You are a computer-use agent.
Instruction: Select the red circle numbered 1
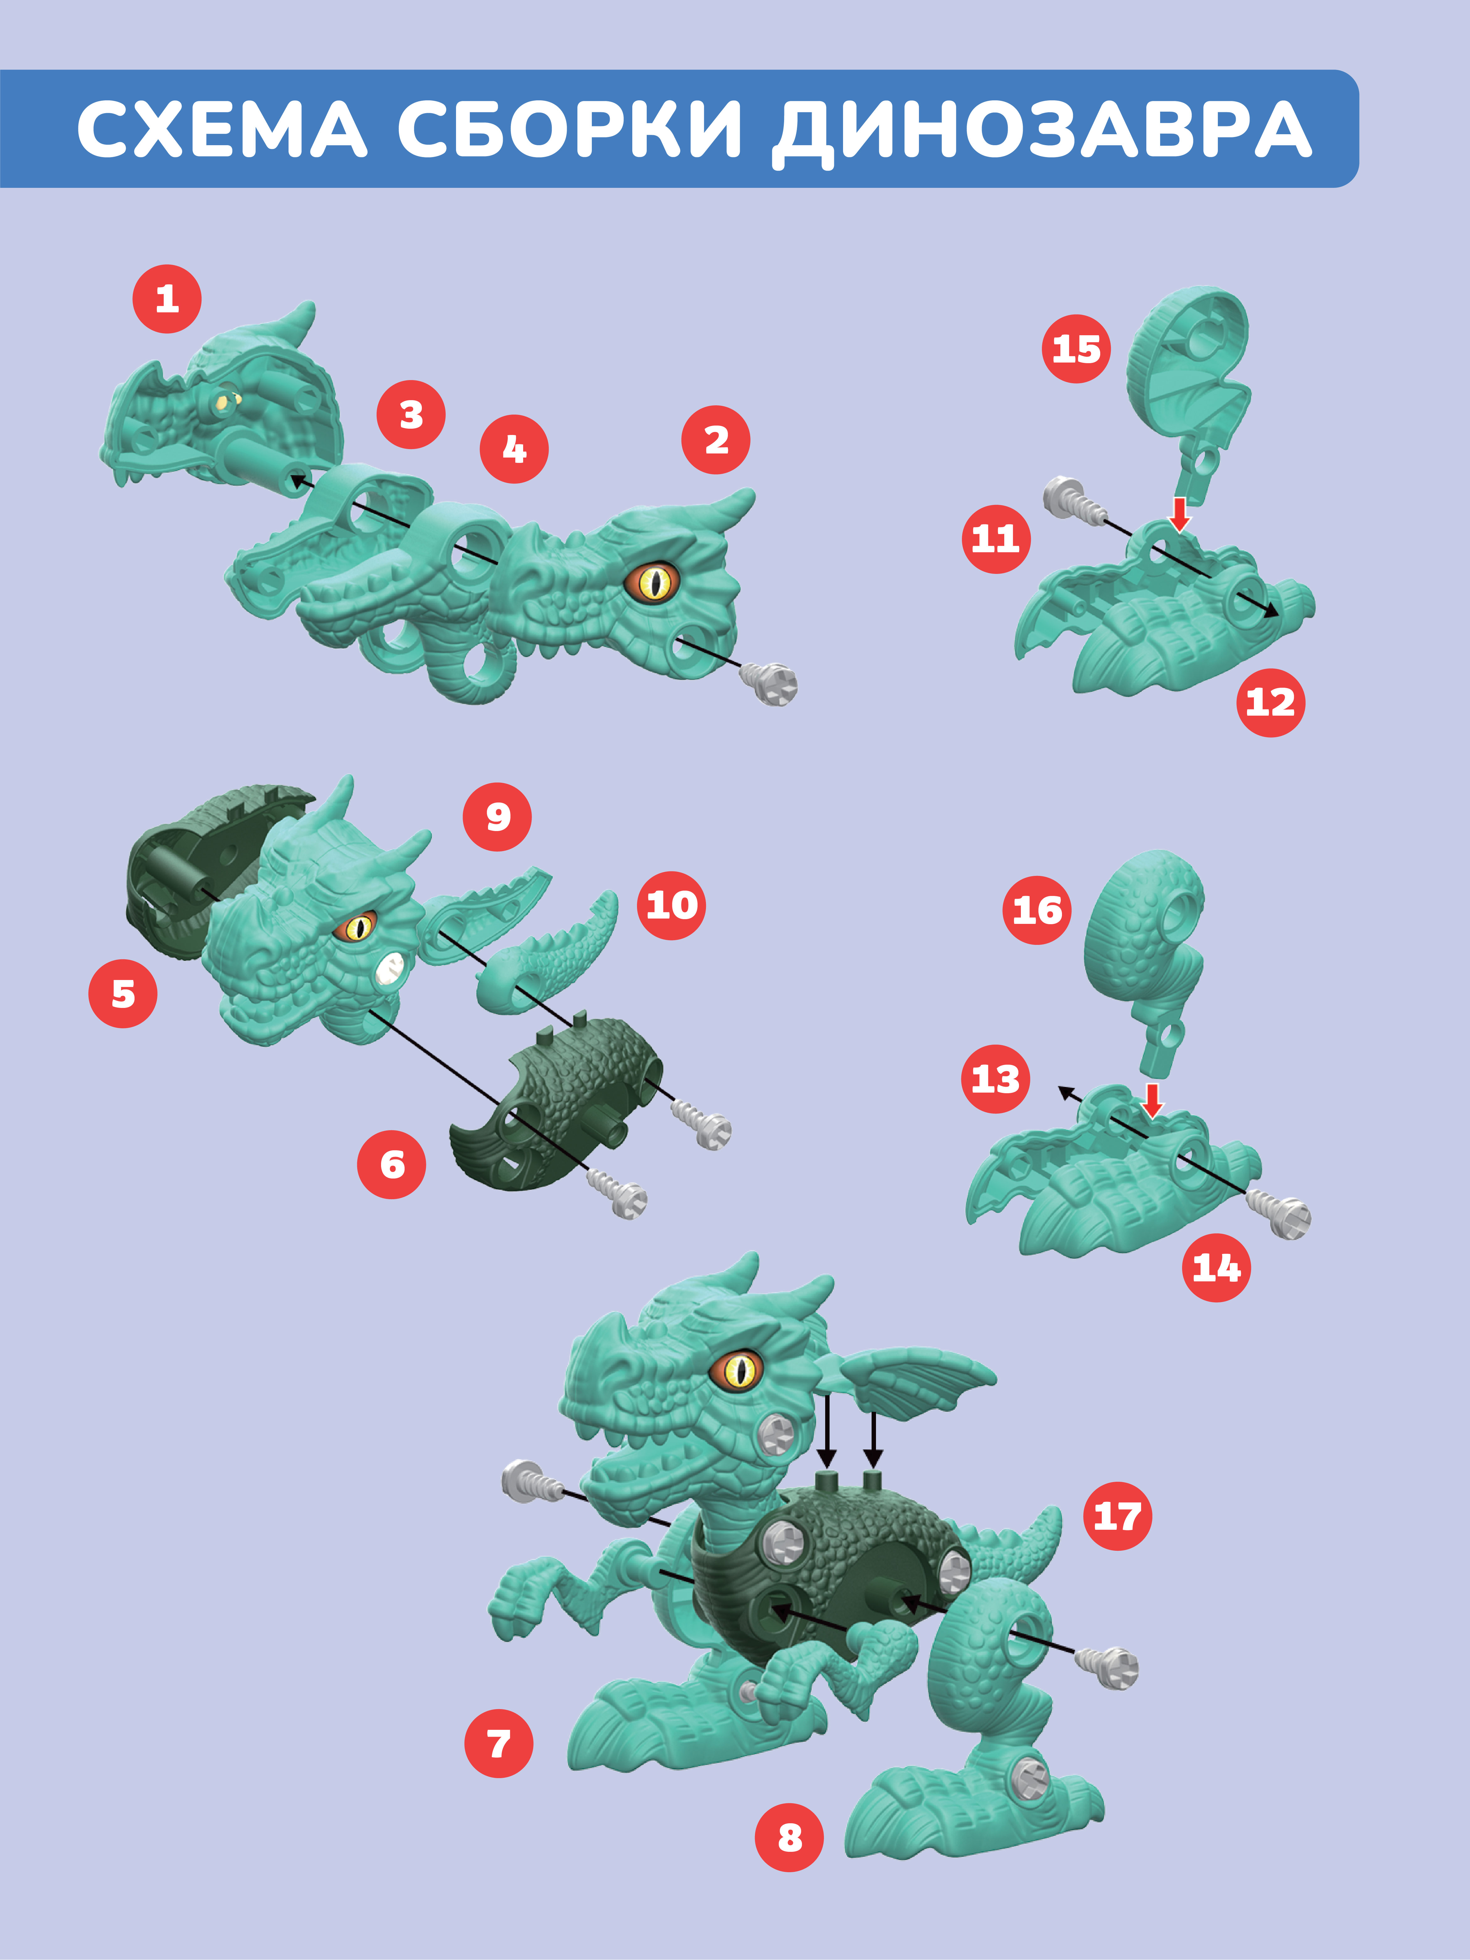pyautogui.click(x=167, y=299)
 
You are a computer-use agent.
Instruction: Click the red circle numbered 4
pyautogui.click(x=514, y=449)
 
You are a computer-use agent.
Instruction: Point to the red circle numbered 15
pyautogui.click(x=1076, y=349)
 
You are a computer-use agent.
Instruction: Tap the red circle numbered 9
pyautogui.click(x=497, y=817)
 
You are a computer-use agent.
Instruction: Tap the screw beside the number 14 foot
pyautogui.click(x=1279, y=1214)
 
